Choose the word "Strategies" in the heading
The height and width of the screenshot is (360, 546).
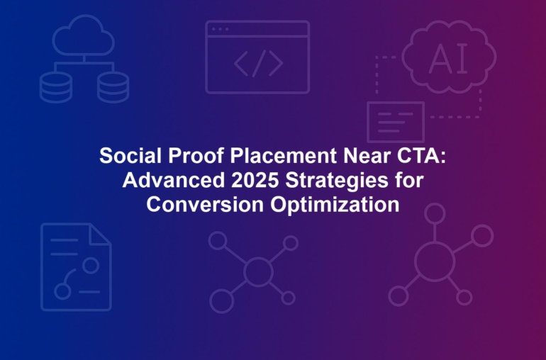(337, 181)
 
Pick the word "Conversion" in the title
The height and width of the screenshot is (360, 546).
(205, 204)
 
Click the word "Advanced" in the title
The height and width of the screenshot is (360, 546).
(174, 180)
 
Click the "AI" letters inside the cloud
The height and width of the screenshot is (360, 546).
(448, 59)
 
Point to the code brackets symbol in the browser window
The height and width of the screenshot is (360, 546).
(258, 63)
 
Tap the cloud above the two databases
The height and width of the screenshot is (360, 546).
(84, 35)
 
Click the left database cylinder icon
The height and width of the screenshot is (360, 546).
(56, 87)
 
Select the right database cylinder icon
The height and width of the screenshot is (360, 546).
(113, 87)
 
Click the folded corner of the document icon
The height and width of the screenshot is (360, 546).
(100, 235)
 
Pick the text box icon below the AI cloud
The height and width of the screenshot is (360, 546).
(396, 122)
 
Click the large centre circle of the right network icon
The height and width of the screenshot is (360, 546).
(435, 261)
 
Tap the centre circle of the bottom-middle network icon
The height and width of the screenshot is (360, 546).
(258, 272)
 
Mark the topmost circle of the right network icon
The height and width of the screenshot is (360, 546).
(435, 214)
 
